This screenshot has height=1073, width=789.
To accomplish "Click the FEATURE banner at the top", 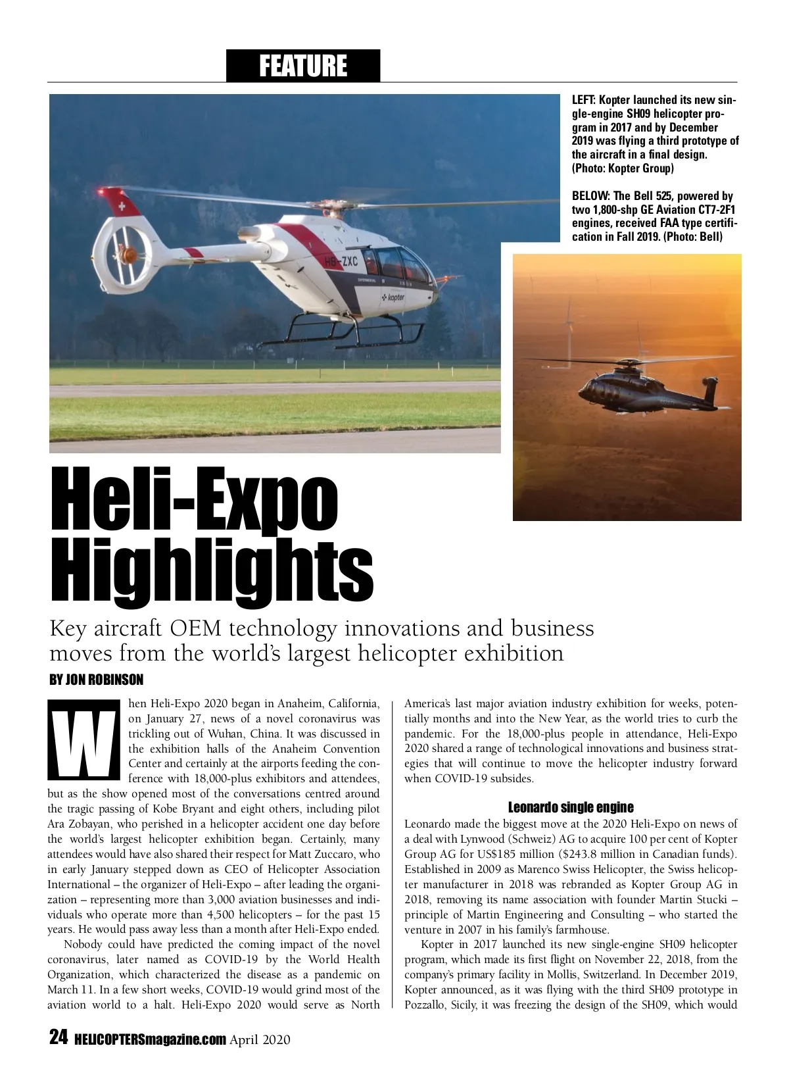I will pyautogui.click(x=303, y=66).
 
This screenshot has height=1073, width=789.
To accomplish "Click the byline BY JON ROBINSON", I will pyautogui.click(x=97, y=679).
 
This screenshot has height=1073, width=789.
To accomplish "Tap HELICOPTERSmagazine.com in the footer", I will pyautogui.click(x=151, y=1039).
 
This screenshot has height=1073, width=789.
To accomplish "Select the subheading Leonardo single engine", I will pyautogui.click(x=571, y=807).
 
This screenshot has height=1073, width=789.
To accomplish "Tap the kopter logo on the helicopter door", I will pyautogui.click(x=393, y=297).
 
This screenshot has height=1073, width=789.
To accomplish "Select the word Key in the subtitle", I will pyautogui.click(x=66, y=628).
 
